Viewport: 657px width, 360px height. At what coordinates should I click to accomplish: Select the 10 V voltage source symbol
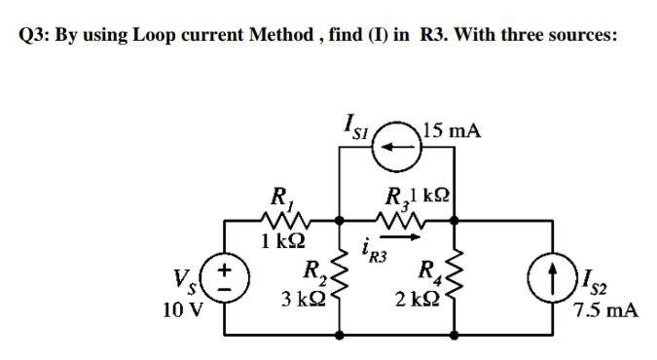pyautogui.click(x=225, y=274)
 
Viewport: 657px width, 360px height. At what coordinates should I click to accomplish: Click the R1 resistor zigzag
pyautogui.click(x=283, y=220)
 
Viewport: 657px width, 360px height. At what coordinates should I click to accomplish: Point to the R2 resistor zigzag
pyautogui.click(x=341, y=275)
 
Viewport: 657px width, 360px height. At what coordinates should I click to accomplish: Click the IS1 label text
pyautogui.click(x=354, y=126)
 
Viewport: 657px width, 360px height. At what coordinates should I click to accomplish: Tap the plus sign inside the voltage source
pyautogui.click(x=225, y=264)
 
